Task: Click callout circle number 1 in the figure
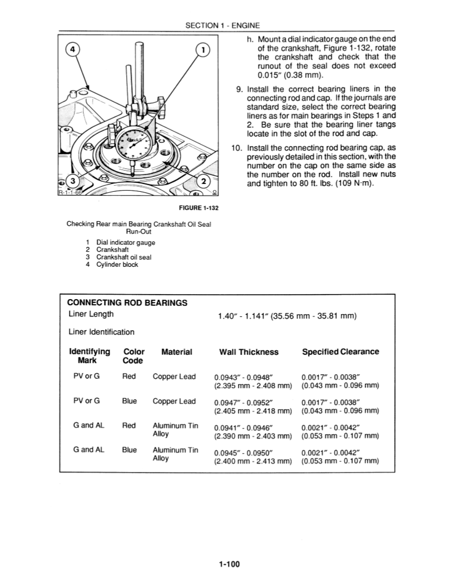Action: pos(203,51)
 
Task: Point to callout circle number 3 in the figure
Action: pos(71,181)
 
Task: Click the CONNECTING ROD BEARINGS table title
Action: pos(127,302)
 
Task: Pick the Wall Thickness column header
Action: pos(249,352)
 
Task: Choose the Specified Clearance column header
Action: pos(340,352)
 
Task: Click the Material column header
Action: pos(176,352)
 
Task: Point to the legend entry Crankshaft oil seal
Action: pos(123,257)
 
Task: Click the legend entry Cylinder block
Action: pos(117,265)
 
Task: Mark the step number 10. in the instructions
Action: pos(236,148)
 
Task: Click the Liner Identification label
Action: pos(101,332)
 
